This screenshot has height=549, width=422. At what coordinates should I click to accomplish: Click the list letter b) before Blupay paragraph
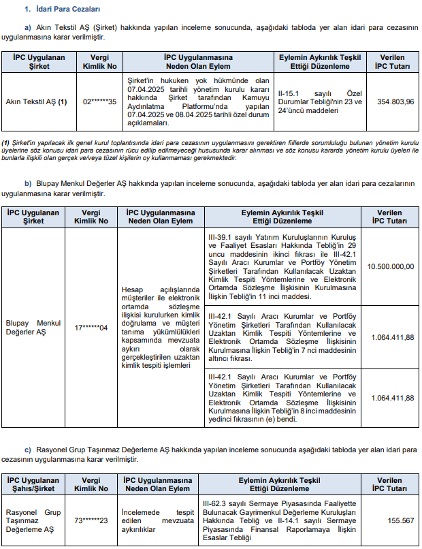[x=28, y=183]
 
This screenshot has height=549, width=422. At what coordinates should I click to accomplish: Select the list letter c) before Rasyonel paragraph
[x=28, y=450]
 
